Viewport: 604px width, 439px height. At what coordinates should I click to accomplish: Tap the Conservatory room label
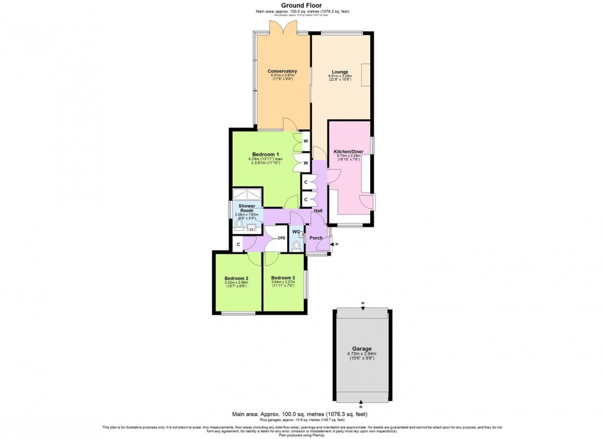click(282, 71)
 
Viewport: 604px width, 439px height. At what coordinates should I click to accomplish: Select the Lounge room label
click(340, 72)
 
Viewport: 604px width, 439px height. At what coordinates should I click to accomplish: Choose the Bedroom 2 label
click(236, 278)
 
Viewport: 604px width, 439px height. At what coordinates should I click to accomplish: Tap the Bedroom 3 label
click(282, 278)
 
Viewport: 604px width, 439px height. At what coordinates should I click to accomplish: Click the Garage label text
click(361, 349)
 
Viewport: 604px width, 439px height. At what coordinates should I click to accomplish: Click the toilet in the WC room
click(296, 245)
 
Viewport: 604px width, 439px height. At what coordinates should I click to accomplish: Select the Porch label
click(316, 238)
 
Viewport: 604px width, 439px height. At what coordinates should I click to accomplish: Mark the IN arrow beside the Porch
click(336, 243)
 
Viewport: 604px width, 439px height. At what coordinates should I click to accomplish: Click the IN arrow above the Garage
click(362, 303)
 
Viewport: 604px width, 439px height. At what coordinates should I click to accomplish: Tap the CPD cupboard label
click(282, 238)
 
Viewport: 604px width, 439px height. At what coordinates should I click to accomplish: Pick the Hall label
click(318, 210)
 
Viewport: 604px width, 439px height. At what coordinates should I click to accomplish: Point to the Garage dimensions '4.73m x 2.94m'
click(361, 354)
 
